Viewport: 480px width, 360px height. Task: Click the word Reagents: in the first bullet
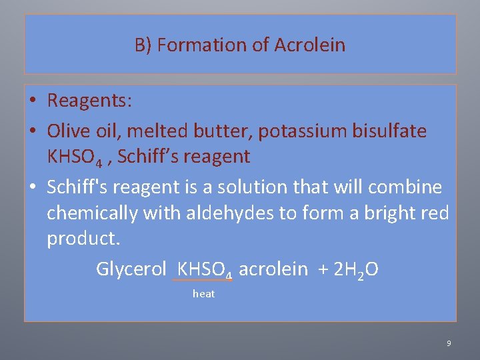[90, 101]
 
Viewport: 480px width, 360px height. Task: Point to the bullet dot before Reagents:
[32, 101]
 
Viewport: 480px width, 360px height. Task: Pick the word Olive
[67, 131]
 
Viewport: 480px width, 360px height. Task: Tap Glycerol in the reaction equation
[131, 269]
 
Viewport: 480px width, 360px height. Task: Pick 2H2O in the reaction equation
[355, 269]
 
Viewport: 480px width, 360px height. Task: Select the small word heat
[203, 294]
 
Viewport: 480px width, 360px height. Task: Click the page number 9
[449, 343]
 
